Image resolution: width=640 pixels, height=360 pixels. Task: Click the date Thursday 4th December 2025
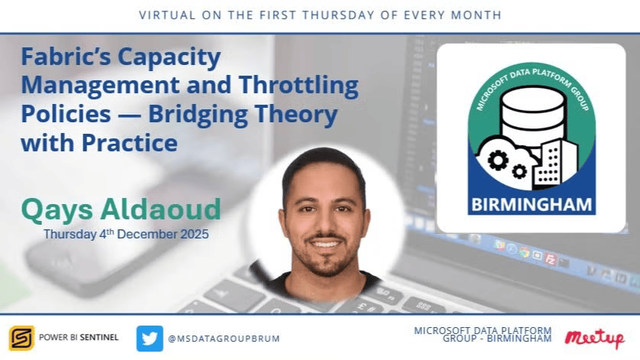[126, 233]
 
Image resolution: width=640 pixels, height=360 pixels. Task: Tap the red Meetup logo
[594, 339]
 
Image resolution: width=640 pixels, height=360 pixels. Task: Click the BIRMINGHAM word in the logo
[531, 205]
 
